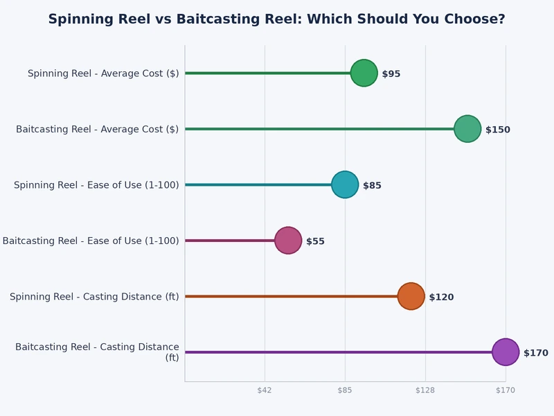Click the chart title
[276, 19]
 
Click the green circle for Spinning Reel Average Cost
[364, 73]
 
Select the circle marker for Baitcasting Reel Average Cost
[467, 129]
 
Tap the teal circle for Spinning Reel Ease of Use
[345, 184]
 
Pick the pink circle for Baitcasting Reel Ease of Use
[288, 241]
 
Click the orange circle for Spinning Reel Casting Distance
[411, 296]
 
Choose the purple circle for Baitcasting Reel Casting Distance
[506, 352]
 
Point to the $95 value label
[391, 73]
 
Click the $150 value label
[497, 130]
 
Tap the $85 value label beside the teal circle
[372, 185]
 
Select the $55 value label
[315, 241]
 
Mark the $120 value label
[441, 297]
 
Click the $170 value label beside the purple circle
[535, 353]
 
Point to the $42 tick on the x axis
[265, 390]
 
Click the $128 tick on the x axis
[425, 390]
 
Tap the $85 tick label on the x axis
[345, 390]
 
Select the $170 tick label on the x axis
[506, 390]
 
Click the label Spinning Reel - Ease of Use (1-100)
[96, 184]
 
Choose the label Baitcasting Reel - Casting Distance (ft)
[97, 352]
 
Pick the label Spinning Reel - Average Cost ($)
[103, 73]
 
